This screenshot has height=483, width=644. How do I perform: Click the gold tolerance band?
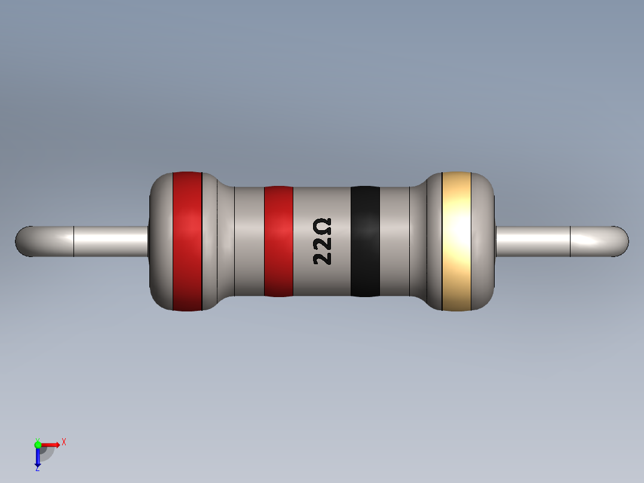pyautogui.click(x=456, y=241)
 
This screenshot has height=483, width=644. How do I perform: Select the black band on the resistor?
pyautogui.click(x=365, y=241)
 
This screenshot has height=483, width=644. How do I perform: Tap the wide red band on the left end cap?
pyautogui.click(x=187, y=241)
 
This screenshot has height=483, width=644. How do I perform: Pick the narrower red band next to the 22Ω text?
pyautogui.click(x=278, y=241)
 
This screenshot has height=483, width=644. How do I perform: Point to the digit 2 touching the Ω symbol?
pyautogui.click(x=322, y=243)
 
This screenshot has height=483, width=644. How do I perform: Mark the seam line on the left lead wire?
pyautogui.click(x=73, y=241)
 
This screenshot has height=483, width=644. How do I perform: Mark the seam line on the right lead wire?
pyautogui.click(x=571, y=241)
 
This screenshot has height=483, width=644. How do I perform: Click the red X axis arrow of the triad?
pyautogui.click(x=51, y=444)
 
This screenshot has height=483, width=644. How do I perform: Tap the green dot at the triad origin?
pyautogui.click(x=38, y=444)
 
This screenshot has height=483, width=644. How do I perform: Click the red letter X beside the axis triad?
pyautogui.click(x=64, y=442)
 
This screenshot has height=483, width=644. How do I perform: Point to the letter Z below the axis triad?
pyautogui.click(x=37, y=469)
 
